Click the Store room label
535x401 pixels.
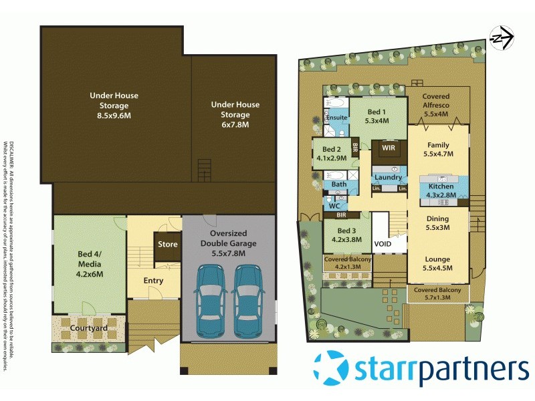168,245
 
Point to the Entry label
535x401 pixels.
153,281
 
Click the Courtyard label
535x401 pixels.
90,328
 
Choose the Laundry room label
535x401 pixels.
389,177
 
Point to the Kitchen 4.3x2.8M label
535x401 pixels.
441,190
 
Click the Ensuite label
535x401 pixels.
336,118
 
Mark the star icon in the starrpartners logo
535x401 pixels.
332,369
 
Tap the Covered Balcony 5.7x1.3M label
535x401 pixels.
439,294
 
